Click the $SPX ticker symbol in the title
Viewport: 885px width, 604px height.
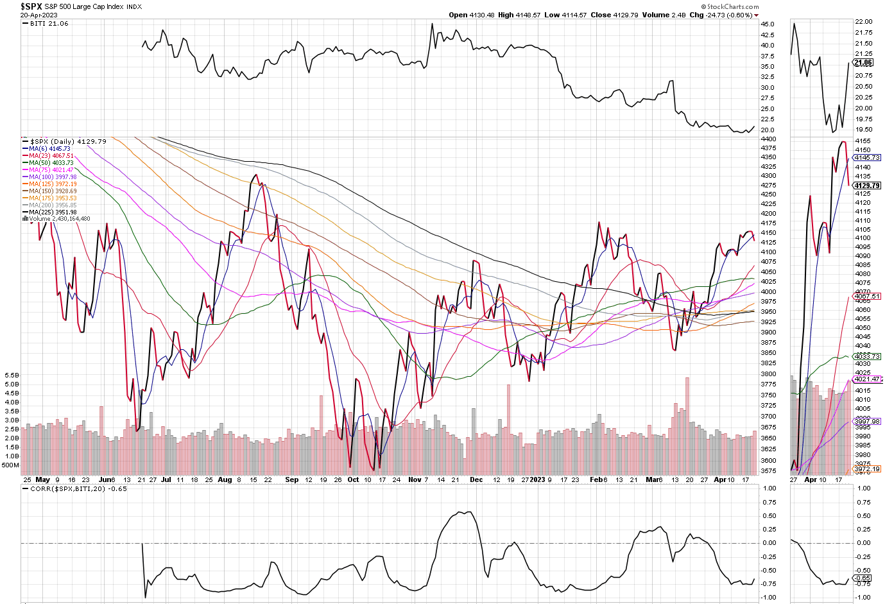pos(31,6)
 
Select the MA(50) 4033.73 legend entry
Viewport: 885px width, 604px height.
pos(51,163)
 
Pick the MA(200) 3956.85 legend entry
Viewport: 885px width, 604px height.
pos(53,205)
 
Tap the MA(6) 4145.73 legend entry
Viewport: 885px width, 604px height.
pos(49,149)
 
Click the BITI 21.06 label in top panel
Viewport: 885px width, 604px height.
pos(49,24)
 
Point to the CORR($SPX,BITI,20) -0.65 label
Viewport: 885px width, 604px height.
pos(78,488)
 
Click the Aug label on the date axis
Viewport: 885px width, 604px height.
pos(225,479)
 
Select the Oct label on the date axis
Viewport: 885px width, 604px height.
pos(353,479)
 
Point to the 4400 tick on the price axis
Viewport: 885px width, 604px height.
pos(768,139)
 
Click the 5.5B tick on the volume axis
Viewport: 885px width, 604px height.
pos(12,375)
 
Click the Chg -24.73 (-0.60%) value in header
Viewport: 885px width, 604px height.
pos(721,15)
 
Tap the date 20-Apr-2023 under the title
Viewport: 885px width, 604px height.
pos(39,15)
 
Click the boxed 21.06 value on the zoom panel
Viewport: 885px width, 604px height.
pos(863,63)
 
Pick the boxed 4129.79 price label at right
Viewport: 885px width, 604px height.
pos(866,186)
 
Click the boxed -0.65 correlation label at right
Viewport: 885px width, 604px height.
pos(864,578)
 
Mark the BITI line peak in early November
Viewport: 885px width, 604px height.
pos(432,24)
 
